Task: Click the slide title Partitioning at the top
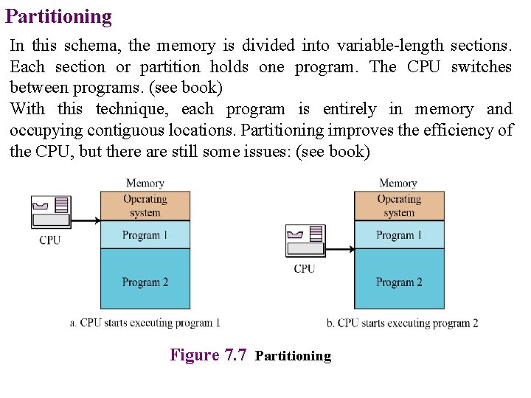(58, 16)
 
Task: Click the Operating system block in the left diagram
(145, 206)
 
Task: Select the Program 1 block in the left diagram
(145, 235)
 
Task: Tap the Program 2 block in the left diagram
(145, 282)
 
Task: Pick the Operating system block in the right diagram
(399, 206)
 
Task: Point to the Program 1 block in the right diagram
(399, 235)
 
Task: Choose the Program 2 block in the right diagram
(399, 282)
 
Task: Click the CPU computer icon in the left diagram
(50, 211)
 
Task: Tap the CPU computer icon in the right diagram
(304, 240)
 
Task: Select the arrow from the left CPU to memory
(86, 220)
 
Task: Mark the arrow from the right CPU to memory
(339, 249)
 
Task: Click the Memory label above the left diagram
(145, 184)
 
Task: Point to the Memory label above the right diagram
(398, 184)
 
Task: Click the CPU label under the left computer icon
(50, 240)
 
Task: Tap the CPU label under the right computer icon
(304, 269)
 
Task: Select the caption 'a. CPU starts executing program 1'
(145, 323)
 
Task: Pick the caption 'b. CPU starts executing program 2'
(402, 323)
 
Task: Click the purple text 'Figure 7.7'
(208, 355)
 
